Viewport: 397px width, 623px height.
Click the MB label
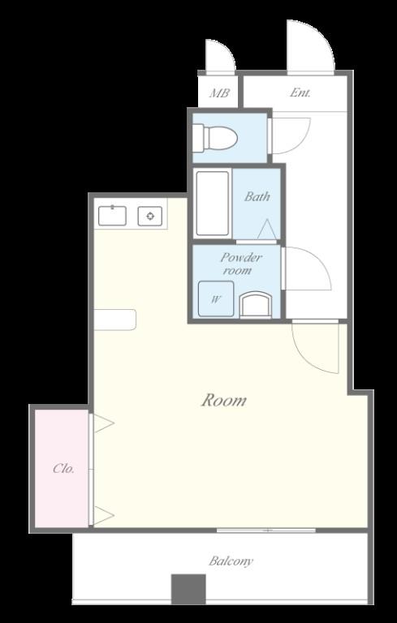click(219, 93)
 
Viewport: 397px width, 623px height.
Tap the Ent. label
click(300, 92)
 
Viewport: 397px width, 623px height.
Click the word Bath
click(257, 196)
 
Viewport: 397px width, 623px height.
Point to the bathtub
click(213, 203)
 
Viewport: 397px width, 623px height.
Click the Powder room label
click(241, 264)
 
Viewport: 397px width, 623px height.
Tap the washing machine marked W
click(216, 299)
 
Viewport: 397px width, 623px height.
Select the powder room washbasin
click(256, 305)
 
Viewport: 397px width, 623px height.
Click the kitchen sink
click(112, 216)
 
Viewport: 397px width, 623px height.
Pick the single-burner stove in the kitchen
click(150, 216)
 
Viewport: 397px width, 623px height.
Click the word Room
click(224, 401)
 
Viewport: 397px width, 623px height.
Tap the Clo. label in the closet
click(63, 469)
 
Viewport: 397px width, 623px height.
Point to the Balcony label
click(231, 561)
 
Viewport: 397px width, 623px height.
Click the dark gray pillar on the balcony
click(188, 589)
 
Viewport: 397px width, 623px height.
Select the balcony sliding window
click(266, 531)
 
